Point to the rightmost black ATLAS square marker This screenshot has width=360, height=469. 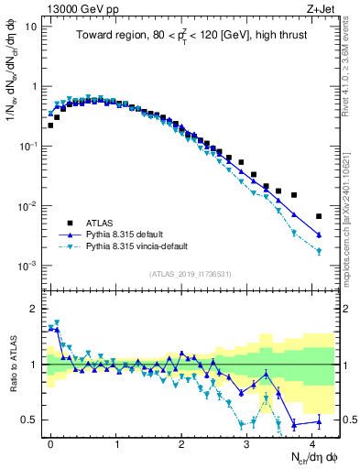tap(319, 216)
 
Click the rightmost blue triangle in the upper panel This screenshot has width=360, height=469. tap(319, 235)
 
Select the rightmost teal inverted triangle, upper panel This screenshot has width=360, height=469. tap(319, 251)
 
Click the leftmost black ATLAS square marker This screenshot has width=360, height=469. tap(50, 125)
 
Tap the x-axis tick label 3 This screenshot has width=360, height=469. tap(247, 442)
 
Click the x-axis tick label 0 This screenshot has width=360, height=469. tap(50, 442)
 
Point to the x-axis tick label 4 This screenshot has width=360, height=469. tap(312, 442)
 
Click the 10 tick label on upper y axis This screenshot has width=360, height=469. tap(31, 26)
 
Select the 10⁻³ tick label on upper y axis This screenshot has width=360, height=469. tap(27, 266)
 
